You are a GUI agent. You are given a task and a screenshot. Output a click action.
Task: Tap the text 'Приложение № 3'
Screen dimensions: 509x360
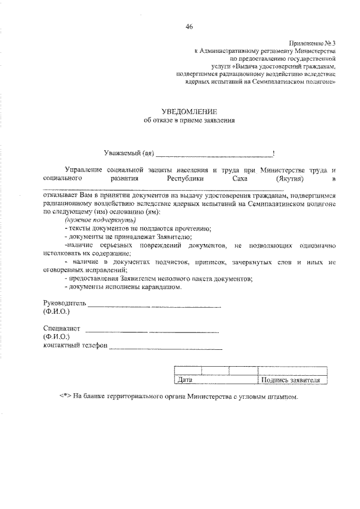(313, 43)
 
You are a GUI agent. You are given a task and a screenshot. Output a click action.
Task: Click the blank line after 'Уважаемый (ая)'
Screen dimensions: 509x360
(213, 154)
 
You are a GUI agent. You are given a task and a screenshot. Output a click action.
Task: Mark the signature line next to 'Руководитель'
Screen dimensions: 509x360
(154, 306)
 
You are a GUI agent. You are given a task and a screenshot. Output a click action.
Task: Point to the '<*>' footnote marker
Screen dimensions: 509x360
(65, 396)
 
